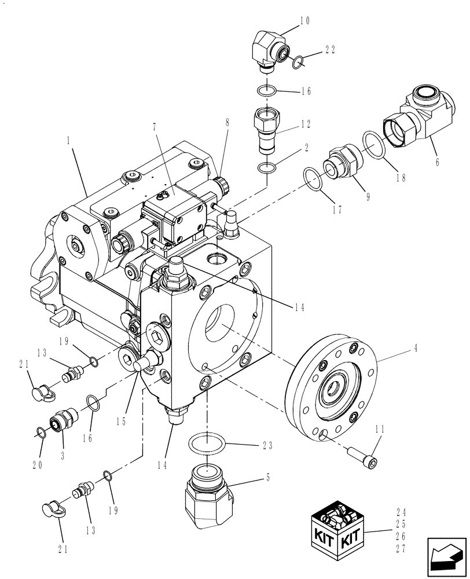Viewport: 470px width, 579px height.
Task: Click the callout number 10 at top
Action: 304,21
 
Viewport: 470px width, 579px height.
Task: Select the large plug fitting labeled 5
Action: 209,495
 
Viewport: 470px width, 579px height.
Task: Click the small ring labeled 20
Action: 39,431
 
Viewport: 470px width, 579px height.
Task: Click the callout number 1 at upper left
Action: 68,141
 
